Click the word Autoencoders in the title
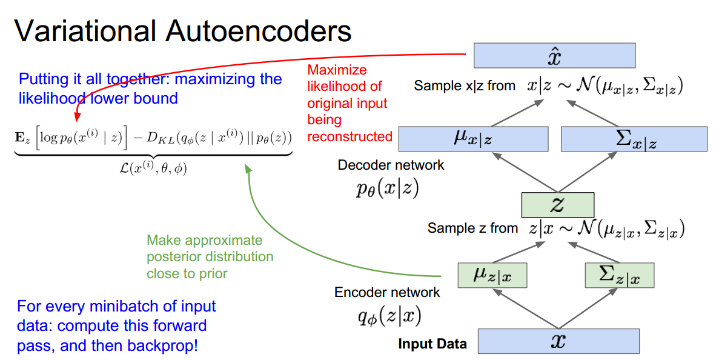point(276,30)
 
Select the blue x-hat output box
point(554,55)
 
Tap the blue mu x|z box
point(473,139)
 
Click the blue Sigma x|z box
point(634,139)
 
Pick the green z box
point(557,204)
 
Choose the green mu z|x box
point(492,275)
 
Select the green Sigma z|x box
point(620,275)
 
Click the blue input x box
point(558,341)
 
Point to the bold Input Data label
point(432,344)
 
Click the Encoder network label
point(387,293)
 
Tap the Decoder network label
point(391,165)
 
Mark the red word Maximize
point(337,70)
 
